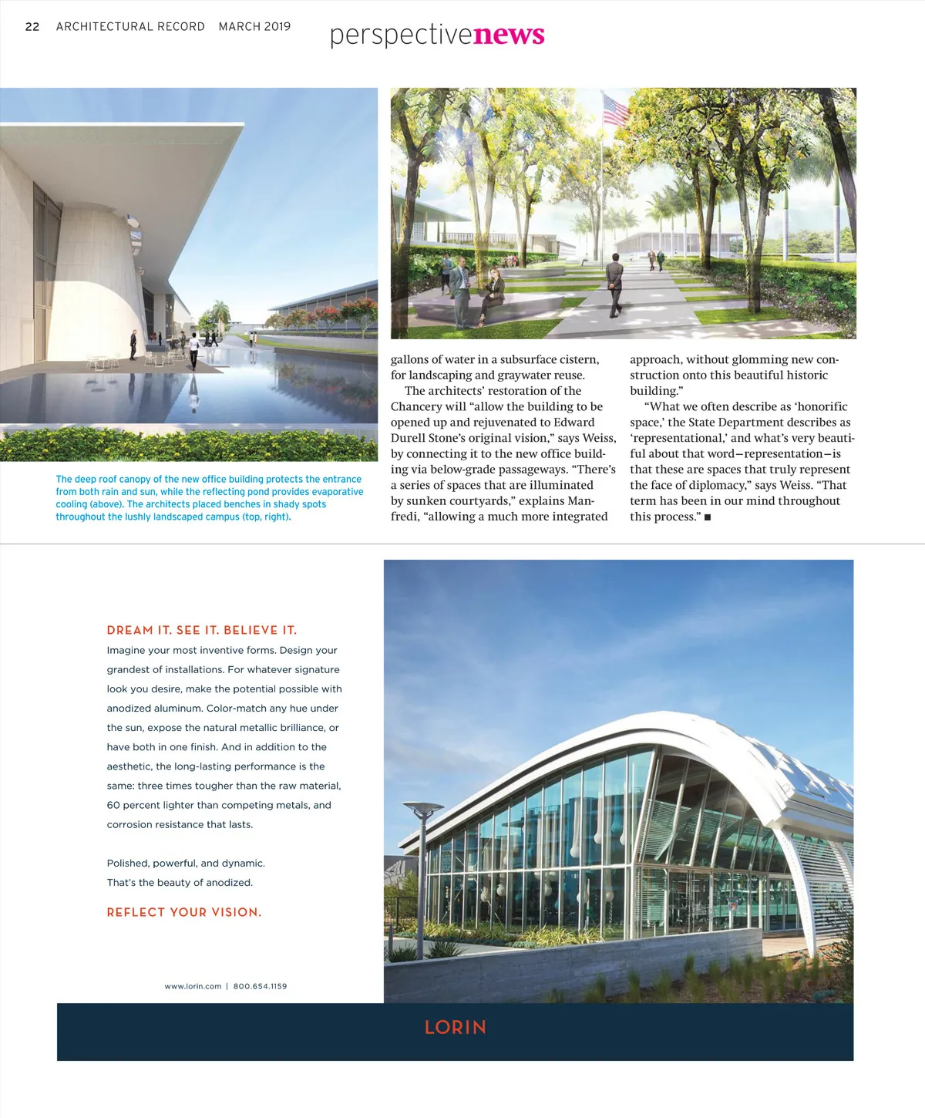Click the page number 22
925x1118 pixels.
32,27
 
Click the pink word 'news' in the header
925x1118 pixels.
509,35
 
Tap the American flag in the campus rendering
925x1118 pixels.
615,109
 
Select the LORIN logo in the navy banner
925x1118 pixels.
455,1028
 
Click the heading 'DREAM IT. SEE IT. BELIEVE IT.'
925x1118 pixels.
202,630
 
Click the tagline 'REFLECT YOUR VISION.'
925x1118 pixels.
184,912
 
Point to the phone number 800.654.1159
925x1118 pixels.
260,986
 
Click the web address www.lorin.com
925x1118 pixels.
193,986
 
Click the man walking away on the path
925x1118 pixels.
614,285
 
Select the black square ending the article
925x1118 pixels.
708,517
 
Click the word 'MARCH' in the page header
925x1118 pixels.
240,27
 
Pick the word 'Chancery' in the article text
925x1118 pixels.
416,407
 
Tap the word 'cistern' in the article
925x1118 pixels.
578,360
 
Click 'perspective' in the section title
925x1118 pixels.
401,35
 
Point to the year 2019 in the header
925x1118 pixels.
277,27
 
